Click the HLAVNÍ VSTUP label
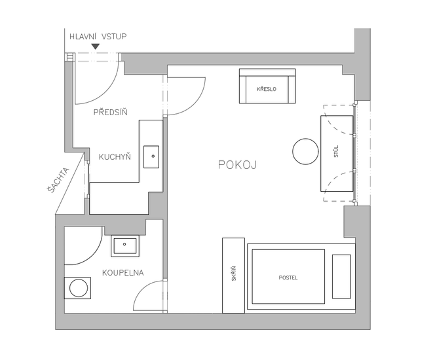[x=98, y=36]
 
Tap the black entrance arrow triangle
[x=96, y=46]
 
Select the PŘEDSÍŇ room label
[x=110, y=112]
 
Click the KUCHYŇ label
[x=115, y=157]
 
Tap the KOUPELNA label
[x=122, y=272]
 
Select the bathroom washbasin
[x=124, y=246]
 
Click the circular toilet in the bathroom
[x=78, y=287]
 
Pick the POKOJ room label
[x=237, y=165]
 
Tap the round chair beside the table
[x=305, y=151]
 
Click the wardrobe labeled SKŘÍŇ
[x=233, y=275]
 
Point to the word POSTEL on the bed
[x=288, y=278]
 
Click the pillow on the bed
[x=341, y=276]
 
